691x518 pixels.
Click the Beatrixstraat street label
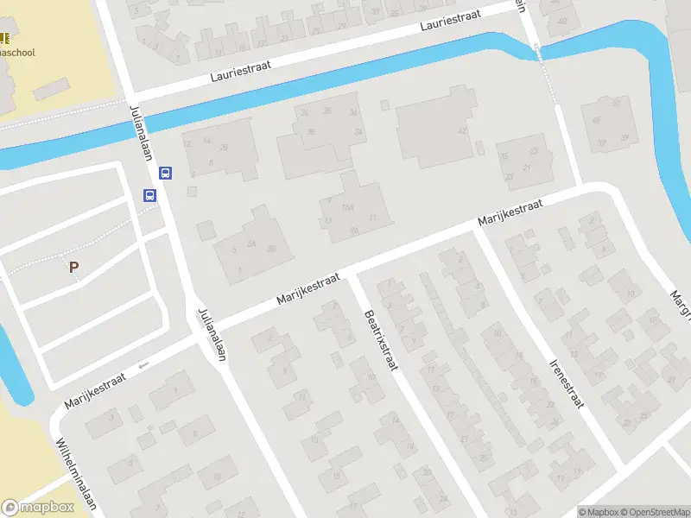tap(379, 342)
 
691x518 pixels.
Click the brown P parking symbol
tap(74, 268)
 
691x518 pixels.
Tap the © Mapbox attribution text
tap(598, 512)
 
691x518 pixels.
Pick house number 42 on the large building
tap(462, 130)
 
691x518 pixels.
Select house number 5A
tap(251, 244)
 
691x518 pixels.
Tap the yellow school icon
tap(3, 38)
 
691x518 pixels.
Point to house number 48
tap(563, 21)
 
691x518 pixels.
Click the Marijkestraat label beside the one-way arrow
tap(95, 390)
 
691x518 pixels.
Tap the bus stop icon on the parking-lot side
tap(149, 195)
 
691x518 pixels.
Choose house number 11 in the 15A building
tap(372, 218)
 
